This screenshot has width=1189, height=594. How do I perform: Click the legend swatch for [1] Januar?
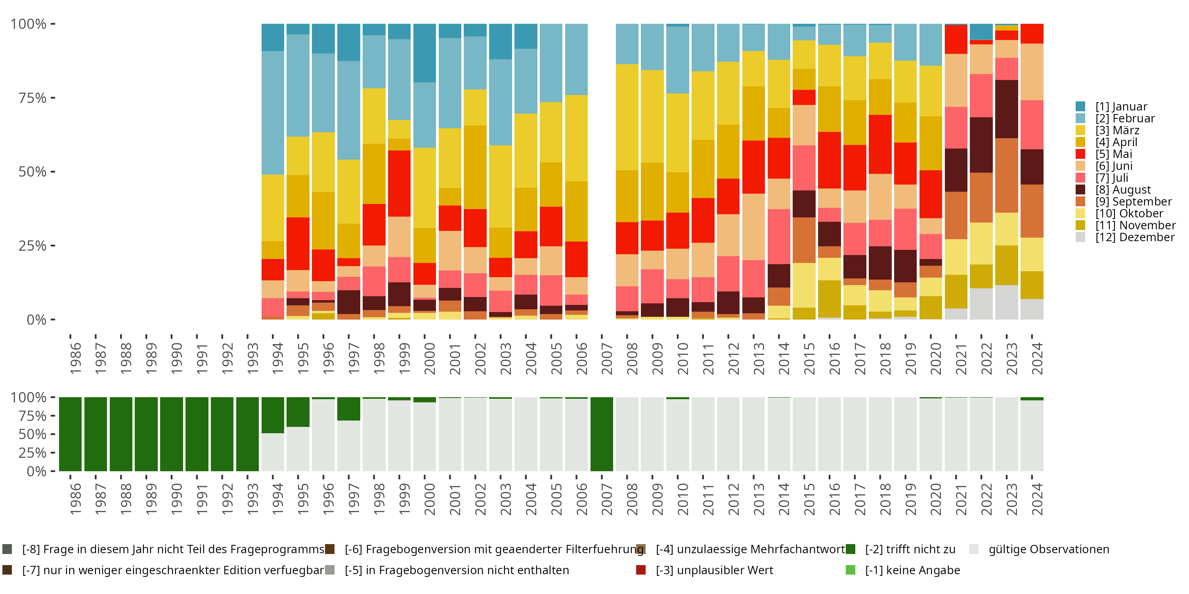tap(1080, 107)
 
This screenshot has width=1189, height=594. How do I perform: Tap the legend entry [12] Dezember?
tap(1135, 237)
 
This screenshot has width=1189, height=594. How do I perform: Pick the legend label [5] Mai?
tap(1114, 154)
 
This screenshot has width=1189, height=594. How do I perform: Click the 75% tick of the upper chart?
tap(32, 98)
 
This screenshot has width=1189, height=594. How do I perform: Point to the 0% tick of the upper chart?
tap(36, 320)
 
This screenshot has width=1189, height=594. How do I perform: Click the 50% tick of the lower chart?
tap(32, 434)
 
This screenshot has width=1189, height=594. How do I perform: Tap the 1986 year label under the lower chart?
tap(76, 499)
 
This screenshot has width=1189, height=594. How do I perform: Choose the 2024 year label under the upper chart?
tap(1037, 359)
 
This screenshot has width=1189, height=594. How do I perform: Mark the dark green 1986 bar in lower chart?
tap(70, 434)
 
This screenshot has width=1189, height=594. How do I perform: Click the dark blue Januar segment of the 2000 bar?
tap(424, 53)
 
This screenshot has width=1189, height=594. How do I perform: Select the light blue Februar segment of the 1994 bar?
tap(273, 112)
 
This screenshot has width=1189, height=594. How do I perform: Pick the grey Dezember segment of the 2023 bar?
tap(1006, 302)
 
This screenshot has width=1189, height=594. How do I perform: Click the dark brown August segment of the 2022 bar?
tap(981, 145)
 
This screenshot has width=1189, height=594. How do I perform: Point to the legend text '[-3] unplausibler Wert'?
tap(714, 570)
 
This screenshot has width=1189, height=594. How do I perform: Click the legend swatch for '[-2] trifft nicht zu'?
tap(850, 549)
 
